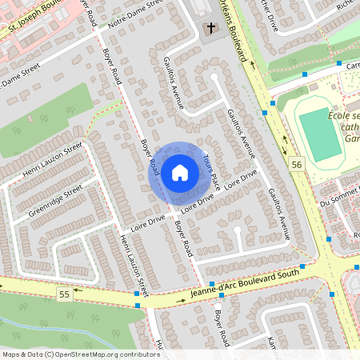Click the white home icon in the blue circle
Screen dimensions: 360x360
point(179,173)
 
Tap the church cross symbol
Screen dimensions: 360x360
point(211,29)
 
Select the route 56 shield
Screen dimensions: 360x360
point(298,163)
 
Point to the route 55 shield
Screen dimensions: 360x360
point(64,295)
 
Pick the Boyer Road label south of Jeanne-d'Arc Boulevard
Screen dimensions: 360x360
point(221,328)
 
